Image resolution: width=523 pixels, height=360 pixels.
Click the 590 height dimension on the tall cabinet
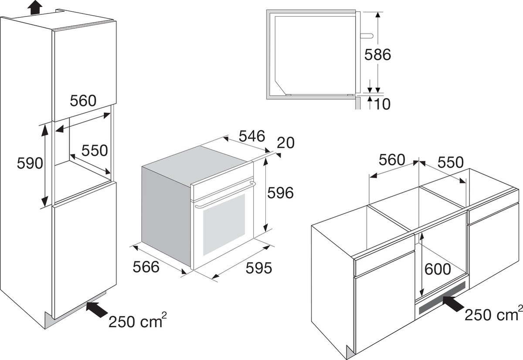30,163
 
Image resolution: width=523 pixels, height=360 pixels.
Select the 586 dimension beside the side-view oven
377,54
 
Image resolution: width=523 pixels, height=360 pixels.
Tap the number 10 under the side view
382,104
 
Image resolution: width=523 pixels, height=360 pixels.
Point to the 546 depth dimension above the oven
252,136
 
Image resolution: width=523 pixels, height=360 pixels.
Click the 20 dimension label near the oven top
286,143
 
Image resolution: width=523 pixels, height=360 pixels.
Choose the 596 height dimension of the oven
280,193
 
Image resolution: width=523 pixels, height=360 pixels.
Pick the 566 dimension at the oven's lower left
146,267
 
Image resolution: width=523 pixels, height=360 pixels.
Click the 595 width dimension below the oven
259,268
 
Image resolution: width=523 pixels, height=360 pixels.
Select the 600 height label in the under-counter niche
438,269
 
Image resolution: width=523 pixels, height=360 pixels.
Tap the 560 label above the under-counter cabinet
392,160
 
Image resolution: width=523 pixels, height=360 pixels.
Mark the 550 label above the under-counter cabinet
450,162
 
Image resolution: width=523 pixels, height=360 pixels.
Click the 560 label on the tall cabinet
83,101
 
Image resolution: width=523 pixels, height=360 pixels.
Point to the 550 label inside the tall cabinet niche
95,151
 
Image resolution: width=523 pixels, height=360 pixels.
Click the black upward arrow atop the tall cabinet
35,7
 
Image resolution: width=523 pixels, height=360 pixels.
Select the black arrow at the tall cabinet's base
97,309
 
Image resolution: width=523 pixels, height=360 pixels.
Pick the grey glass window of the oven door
224,224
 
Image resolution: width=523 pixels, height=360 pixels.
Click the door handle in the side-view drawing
367,36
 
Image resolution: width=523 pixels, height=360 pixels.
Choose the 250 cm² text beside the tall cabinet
138,321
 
